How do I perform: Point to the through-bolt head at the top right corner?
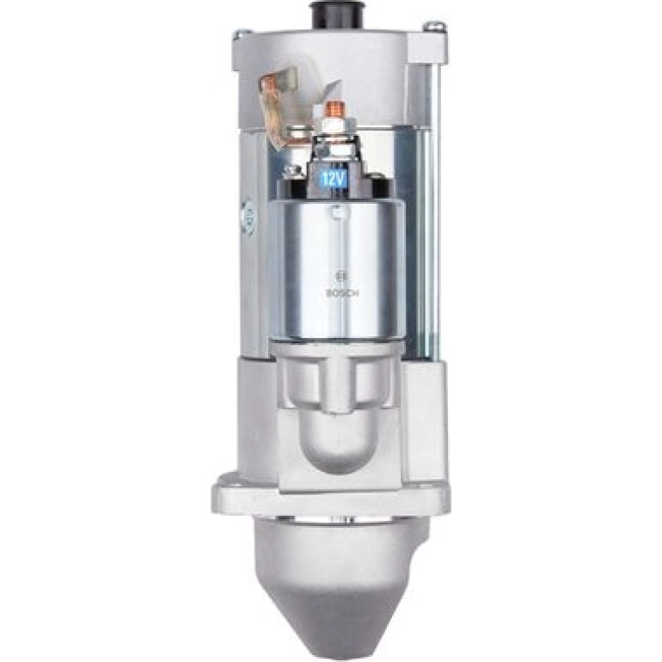434,28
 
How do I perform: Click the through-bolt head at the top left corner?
242,34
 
